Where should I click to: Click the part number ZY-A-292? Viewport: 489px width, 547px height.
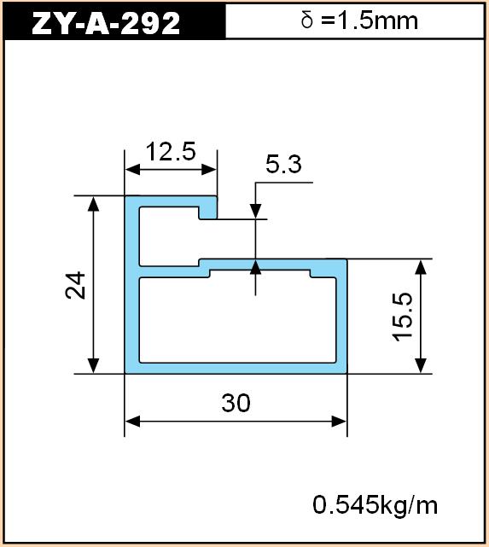pos(106,23)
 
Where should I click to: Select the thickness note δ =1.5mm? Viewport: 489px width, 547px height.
pos(359,20)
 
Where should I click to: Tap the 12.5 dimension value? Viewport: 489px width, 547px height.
pos(171,152)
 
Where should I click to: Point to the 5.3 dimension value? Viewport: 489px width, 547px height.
pos(283,164)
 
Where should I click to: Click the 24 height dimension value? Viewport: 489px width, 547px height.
pos(76,285)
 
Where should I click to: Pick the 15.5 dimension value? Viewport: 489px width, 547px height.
pos(402,317)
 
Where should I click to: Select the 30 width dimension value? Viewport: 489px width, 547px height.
pos(236,403)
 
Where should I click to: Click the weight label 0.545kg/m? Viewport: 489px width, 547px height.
pos(375,505)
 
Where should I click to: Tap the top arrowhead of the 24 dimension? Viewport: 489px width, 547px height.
pos(93,203)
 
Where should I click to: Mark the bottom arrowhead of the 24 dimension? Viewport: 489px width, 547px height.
pos(93,366)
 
